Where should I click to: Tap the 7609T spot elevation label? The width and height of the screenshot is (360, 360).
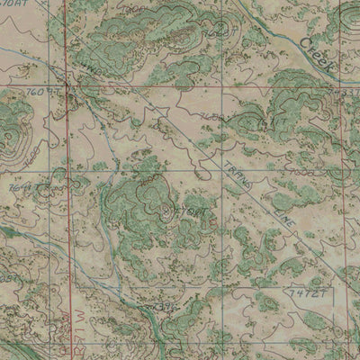[x=42, y=92]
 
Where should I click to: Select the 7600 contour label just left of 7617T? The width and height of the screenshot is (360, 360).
[x=214, y=117]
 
